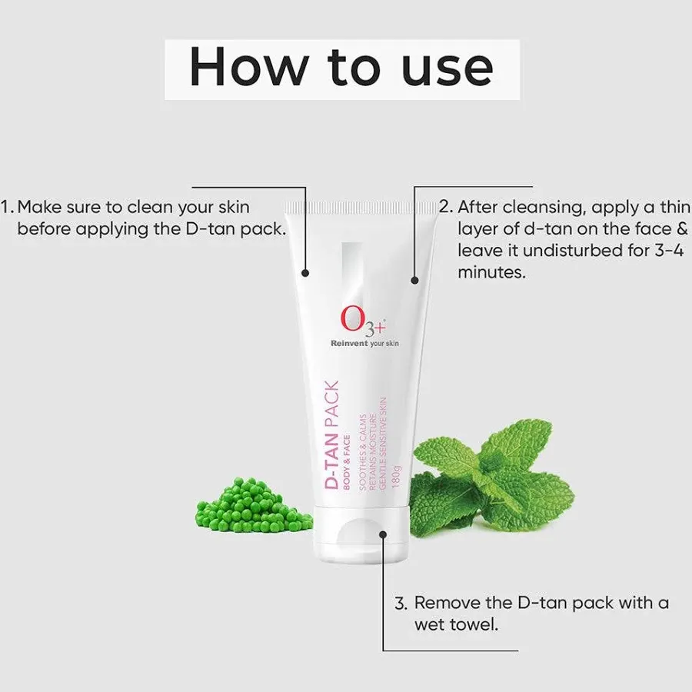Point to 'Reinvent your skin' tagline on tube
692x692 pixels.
pos(364,343)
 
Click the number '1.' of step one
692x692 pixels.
pos(8,208)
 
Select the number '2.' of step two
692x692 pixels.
pos(447,208)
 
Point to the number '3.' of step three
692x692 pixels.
pos(401,603)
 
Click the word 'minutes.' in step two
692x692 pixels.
pos(492,272)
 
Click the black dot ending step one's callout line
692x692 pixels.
pos(305,272)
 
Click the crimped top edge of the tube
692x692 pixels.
pos(355,206)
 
